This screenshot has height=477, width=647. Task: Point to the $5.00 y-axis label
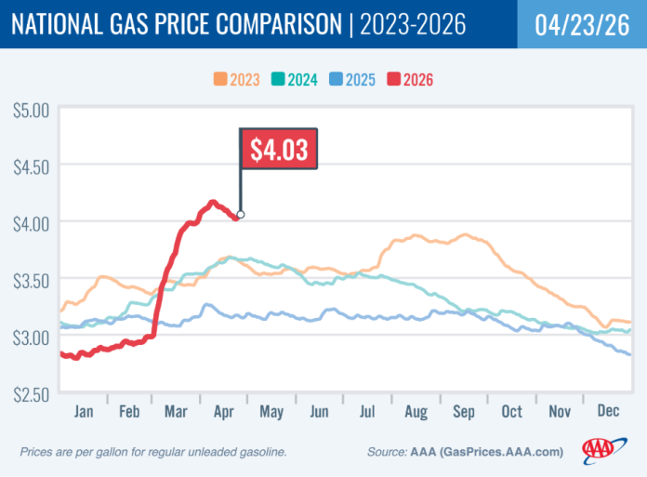[x=30, y=110]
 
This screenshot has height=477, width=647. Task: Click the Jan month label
[x=83, y=410]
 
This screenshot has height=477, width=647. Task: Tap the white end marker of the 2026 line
[x=241, y=215]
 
